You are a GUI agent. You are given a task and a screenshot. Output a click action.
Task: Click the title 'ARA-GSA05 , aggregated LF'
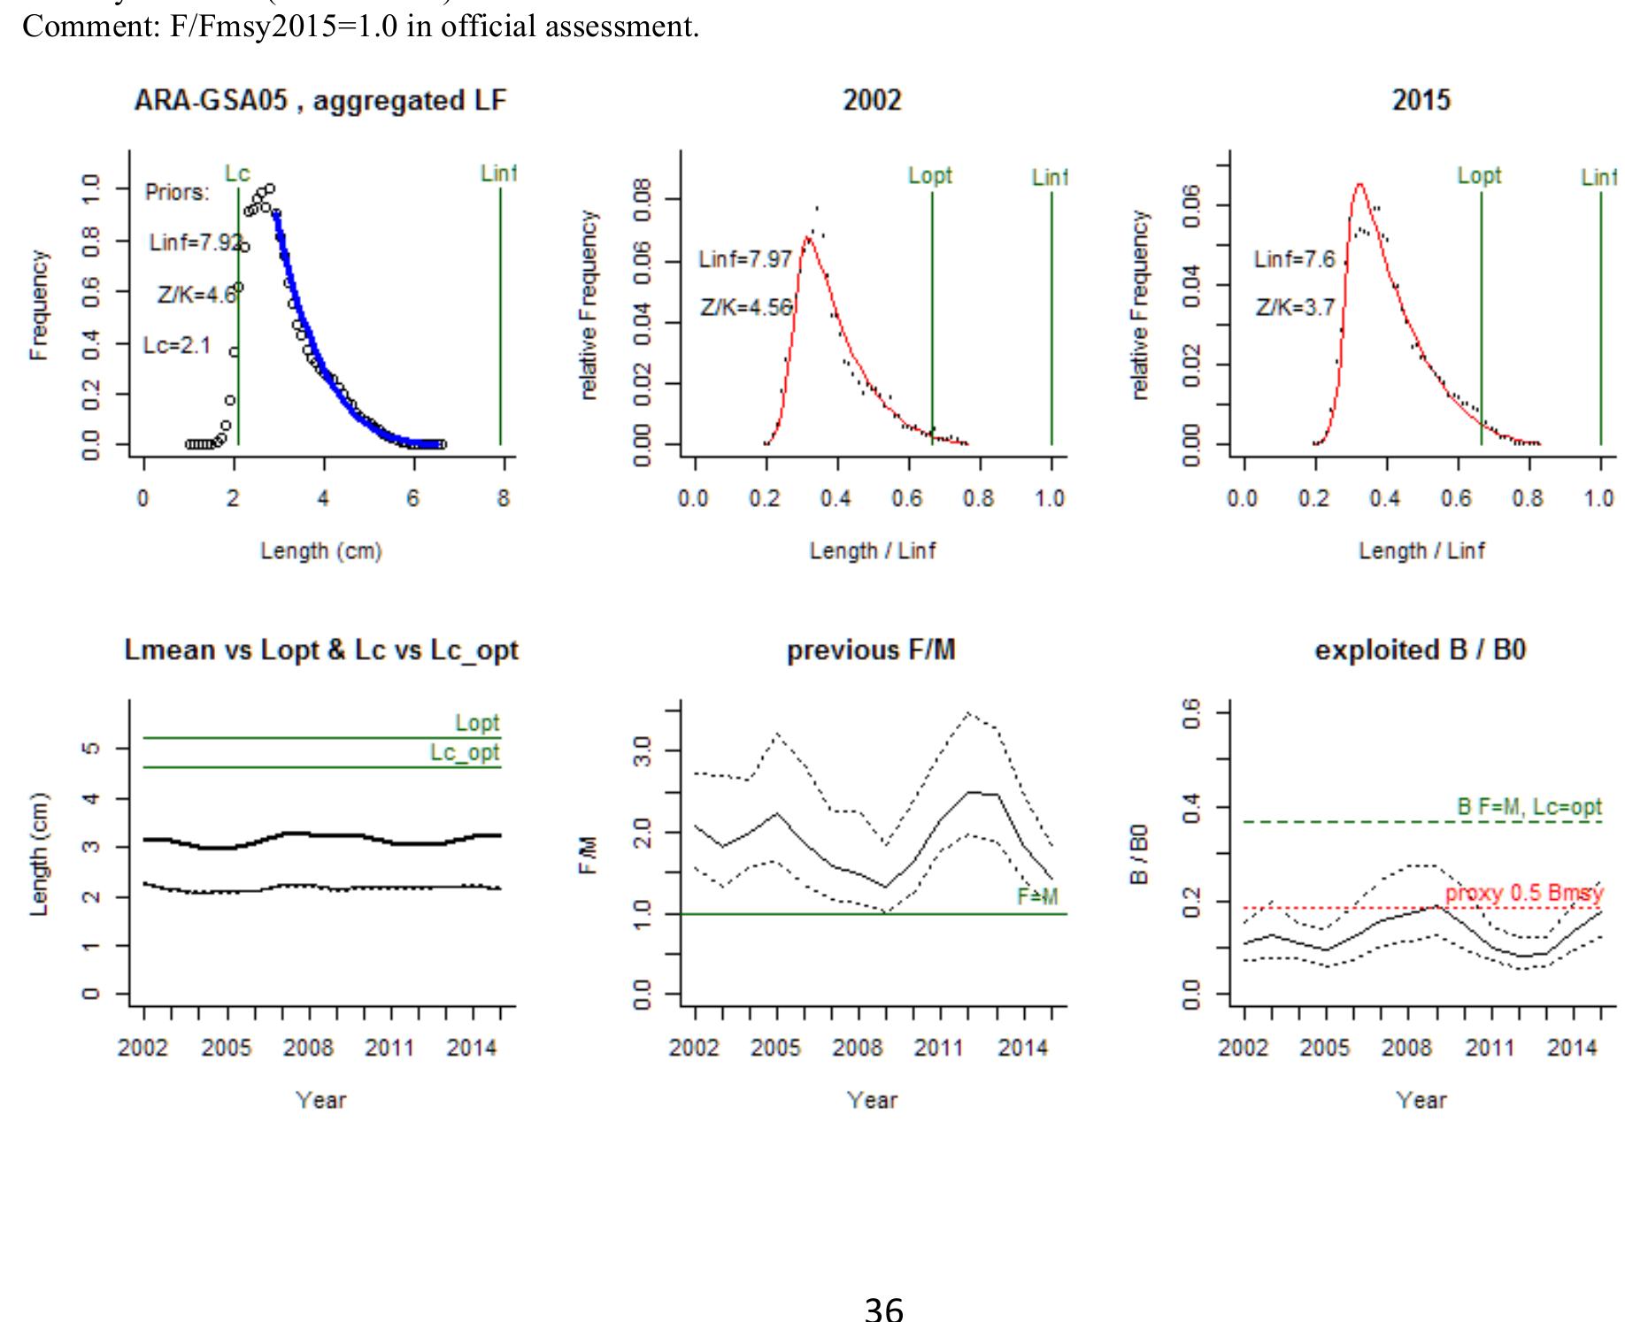(x=320, y=101)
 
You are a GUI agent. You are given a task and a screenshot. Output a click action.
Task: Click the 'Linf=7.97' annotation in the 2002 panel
(x=745, y=259)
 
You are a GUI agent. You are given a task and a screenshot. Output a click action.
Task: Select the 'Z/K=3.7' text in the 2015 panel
(x=1294, y=308)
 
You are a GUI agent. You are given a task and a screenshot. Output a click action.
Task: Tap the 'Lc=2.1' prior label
(x=177, y=345)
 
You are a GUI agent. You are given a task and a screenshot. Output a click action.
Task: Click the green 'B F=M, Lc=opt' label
(x=1529, y=807)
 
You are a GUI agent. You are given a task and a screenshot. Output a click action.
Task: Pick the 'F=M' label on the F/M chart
(x=1037, y=897)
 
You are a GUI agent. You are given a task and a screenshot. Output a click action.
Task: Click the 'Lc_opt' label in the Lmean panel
(x=465, y=753)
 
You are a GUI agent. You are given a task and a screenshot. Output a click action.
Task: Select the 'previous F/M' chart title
(x=871, y=650)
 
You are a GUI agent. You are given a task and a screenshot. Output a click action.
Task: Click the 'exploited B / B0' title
(x=1421, y=650)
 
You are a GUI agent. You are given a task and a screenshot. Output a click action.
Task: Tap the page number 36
(x=883, y=1307)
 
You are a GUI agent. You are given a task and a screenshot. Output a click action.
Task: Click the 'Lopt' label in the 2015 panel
(x=1479, y=175)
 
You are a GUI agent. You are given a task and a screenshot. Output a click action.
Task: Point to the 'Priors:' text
(x=177, y=193)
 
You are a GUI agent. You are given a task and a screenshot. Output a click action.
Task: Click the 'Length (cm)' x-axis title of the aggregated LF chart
(x=320, y=551)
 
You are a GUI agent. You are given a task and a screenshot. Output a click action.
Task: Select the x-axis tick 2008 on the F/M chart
(x=858, y=1049)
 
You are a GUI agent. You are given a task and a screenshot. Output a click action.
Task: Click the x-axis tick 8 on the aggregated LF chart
(x=503, y=499)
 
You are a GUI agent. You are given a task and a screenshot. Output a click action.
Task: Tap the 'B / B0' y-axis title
(x=1141, y=854)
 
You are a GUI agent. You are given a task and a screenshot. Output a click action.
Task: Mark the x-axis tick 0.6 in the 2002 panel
(x=907, y=499)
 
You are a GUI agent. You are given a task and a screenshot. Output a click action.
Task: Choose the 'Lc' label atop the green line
(x=237, y=174)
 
